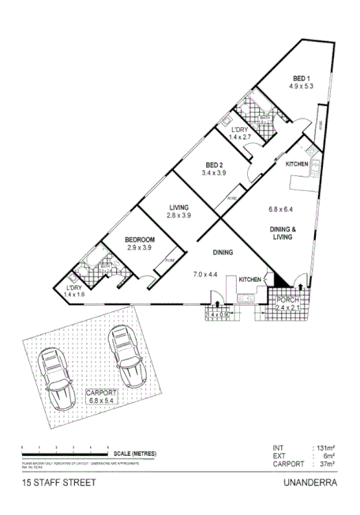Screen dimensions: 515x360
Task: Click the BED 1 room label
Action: [301, 77]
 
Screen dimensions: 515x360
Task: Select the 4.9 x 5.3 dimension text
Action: [301, 86]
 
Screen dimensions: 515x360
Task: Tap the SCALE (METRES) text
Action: [136, 453]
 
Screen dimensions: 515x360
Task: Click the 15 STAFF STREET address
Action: [59, 482]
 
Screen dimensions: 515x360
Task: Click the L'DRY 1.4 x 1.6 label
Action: [73, 291]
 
